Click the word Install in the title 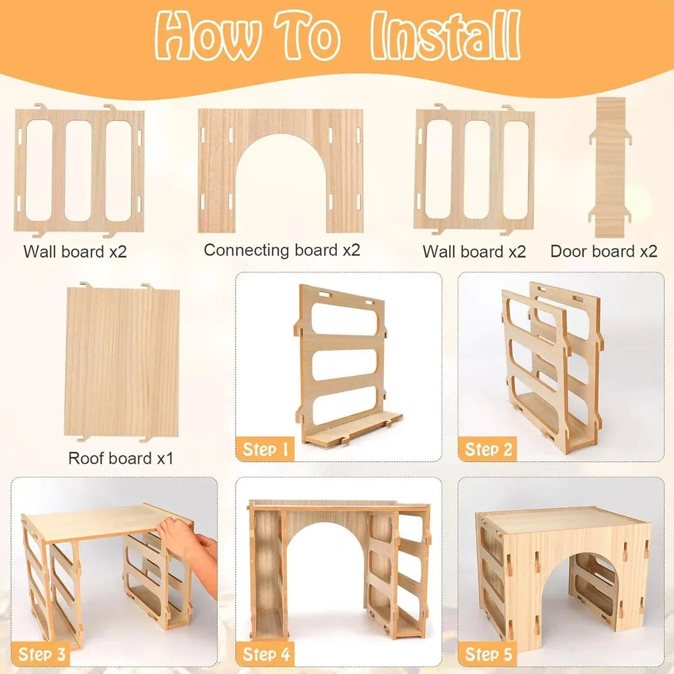click(446, 36)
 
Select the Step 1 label click(265, 449)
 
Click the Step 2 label click(488, 449)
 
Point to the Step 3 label click(41, 654)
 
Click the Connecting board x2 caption click(282, 250)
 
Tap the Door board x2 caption click(604, 251)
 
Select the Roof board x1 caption click(121, 458)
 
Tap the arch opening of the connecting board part click(280, 185)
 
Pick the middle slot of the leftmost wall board click(79, 170)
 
